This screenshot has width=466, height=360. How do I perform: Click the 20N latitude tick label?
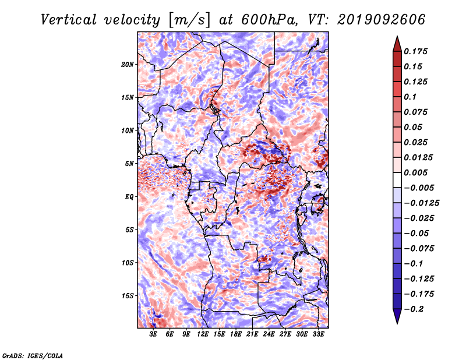pyautogui.click(x=127, y=65)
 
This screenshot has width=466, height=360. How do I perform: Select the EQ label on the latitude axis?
pyautogui.click(x=129, y=197)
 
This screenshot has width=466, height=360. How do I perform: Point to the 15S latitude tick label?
pyautogui.click(x=128, y=296)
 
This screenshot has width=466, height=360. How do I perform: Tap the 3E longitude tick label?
pyautogui.click(x=153, y=334)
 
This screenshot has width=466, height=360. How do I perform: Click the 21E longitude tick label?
pyautogui.click(x=252, y=334)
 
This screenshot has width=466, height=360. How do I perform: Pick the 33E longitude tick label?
pyautogui.click(x=318, y=334)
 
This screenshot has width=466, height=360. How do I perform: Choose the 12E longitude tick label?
pyautogui.click(x=202, y=334)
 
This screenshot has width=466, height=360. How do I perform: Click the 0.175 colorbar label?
pyautogui.click(x=415, y=51)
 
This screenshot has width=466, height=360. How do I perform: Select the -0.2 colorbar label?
pyautogui.click(x=414, y=309)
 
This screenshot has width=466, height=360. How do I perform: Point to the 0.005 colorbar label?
pyautogui.click(x=415, y=172)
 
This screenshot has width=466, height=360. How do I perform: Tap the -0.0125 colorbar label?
pyautogui.click(x=421, y=203)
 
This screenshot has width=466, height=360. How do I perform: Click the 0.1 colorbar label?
pyautogui.click(x=410, y=97)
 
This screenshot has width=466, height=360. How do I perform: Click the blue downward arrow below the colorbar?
pyautogui.click(x=397, y=316)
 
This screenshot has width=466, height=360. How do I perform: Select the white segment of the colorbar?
pyautogui.click(x=397, y=180)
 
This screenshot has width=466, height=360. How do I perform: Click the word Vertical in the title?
pyautogui.click(x=69, y=20)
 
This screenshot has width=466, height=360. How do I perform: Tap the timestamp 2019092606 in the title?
pyautogui.click(x=381, y=20)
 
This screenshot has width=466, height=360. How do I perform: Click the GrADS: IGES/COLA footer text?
pyautogui.click(x=33, y=355)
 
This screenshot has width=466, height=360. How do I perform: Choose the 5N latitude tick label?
pyautogui.click(x=129, y=164)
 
